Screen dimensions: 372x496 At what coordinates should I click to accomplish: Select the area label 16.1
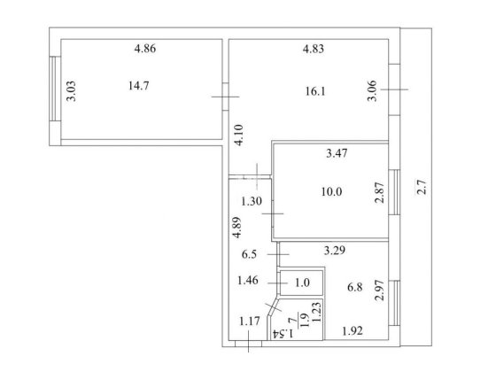point(315,89)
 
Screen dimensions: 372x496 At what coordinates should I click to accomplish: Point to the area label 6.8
point(355,286)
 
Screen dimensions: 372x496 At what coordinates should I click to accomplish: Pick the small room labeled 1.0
point(302,283)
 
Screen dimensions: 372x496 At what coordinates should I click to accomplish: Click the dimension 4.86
point(144,49)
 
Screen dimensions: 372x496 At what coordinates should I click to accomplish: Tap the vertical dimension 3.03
point(71,92)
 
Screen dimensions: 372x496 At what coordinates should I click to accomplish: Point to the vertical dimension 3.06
point(372,92)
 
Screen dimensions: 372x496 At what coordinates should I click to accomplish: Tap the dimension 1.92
point(354,332)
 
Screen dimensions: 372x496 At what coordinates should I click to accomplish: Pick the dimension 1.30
point(252,200)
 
